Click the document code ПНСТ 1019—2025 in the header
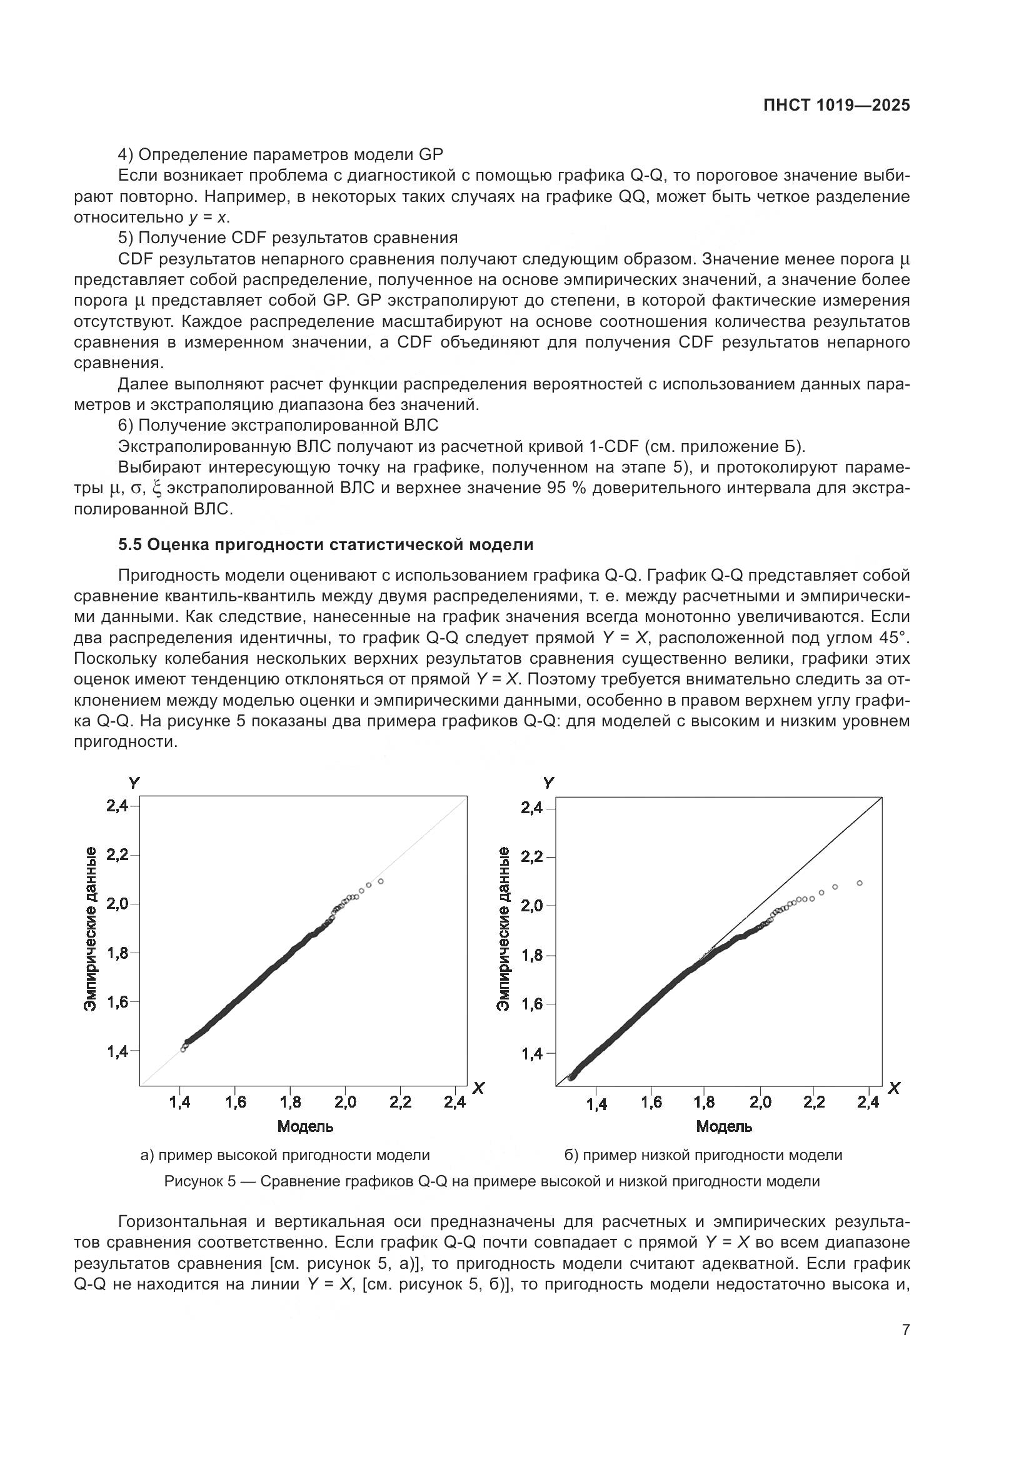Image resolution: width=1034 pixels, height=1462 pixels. [836, 106]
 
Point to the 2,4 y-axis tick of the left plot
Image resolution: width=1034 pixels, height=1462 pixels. [117, 806]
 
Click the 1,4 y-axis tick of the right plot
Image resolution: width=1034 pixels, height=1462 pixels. [531, 1054]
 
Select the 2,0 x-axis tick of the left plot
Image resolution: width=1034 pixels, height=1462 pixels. [346, 1102]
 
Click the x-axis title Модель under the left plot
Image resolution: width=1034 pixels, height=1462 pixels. [305, 1126]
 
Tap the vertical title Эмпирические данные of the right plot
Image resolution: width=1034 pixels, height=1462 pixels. [504, 928]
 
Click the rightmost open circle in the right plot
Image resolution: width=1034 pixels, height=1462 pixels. [860, 883]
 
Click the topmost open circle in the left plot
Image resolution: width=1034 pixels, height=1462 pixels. [381, 881]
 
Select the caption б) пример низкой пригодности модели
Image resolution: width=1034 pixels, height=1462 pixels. [703, 1154]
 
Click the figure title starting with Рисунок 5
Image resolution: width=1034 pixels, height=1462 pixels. [491, 1181]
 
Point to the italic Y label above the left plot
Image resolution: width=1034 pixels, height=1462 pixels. [134, 783]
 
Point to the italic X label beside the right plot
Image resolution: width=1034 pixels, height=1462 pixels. [894, 1088]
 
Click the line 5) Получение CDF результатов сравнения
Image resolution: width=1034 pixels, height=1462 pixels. [288, 238]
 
